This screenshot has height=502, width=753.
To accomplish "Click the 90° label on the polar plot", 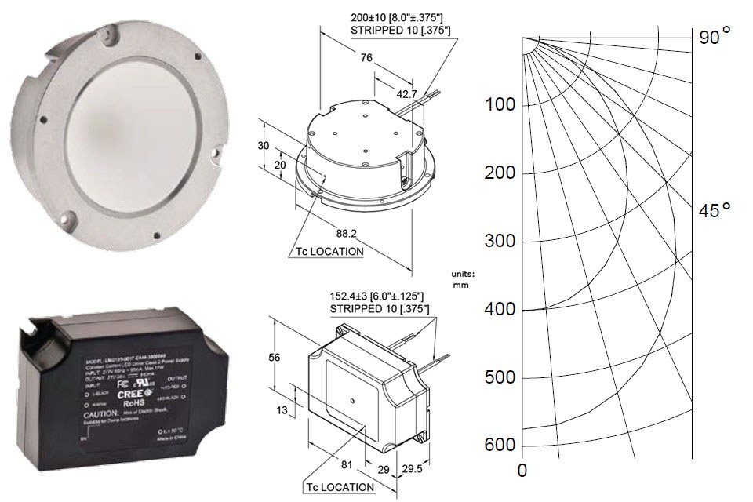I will point(715,35).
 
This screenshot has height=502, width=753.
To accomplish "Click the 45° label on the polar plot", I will point(715,210).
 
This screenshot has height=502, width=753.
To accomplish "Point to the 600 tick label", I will point(500,446).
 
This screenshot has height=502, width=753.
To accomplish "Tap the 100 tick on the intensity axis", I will point(500,105).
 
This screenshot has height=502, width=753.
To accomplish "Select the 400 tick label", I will point(500,310).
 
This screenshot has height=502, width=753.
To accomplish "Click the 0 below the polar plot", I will point(522,471).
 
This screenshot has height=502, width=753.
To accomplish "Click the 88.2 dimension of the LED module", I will point(347,233).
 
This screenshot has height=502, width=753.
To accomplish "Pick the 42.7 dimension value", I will point(406,93).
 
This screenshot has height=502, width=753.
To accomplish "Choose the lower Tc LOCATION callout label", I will point(335,486).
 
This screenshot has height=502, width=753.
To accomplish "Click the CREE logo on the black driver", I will point(128,395).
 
